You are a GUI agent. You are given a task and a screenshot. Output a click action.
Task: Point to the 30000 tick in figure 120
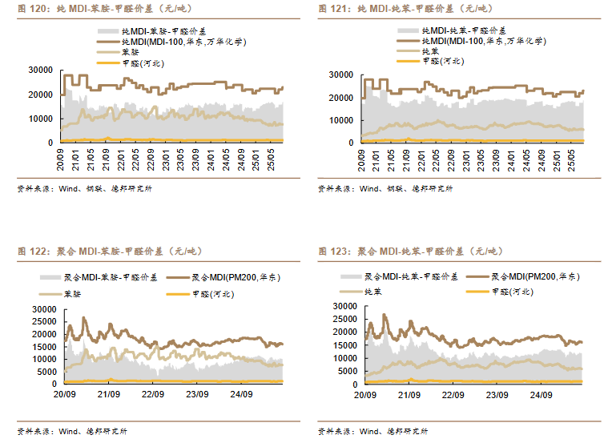pyautogui.click(x=42, y=70)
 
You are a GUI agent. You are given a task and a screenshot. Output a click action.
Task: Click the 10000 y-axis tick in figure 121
pyautogui.click(x=342, y=120)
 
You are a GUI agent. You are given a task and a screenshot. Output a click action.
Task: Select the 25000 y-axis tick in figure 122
pyautogui.click(x=42, y=321)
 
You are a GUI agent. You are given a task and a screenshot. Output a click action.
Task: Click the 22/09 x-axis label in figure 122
pyautogui.click(x=153, y=395)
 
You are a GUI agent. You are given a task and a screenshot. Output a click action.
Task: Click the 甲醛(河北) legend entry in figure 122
pyautogui.click(x=211, y=294)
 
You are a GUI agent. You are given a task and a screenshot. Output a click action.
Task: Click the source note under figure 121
pyautogui.click(x=385, y=189)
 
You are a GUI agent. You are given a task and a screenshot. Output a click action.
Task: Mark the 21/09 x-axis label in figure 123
pyautogui.click(x=409, y=395)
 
